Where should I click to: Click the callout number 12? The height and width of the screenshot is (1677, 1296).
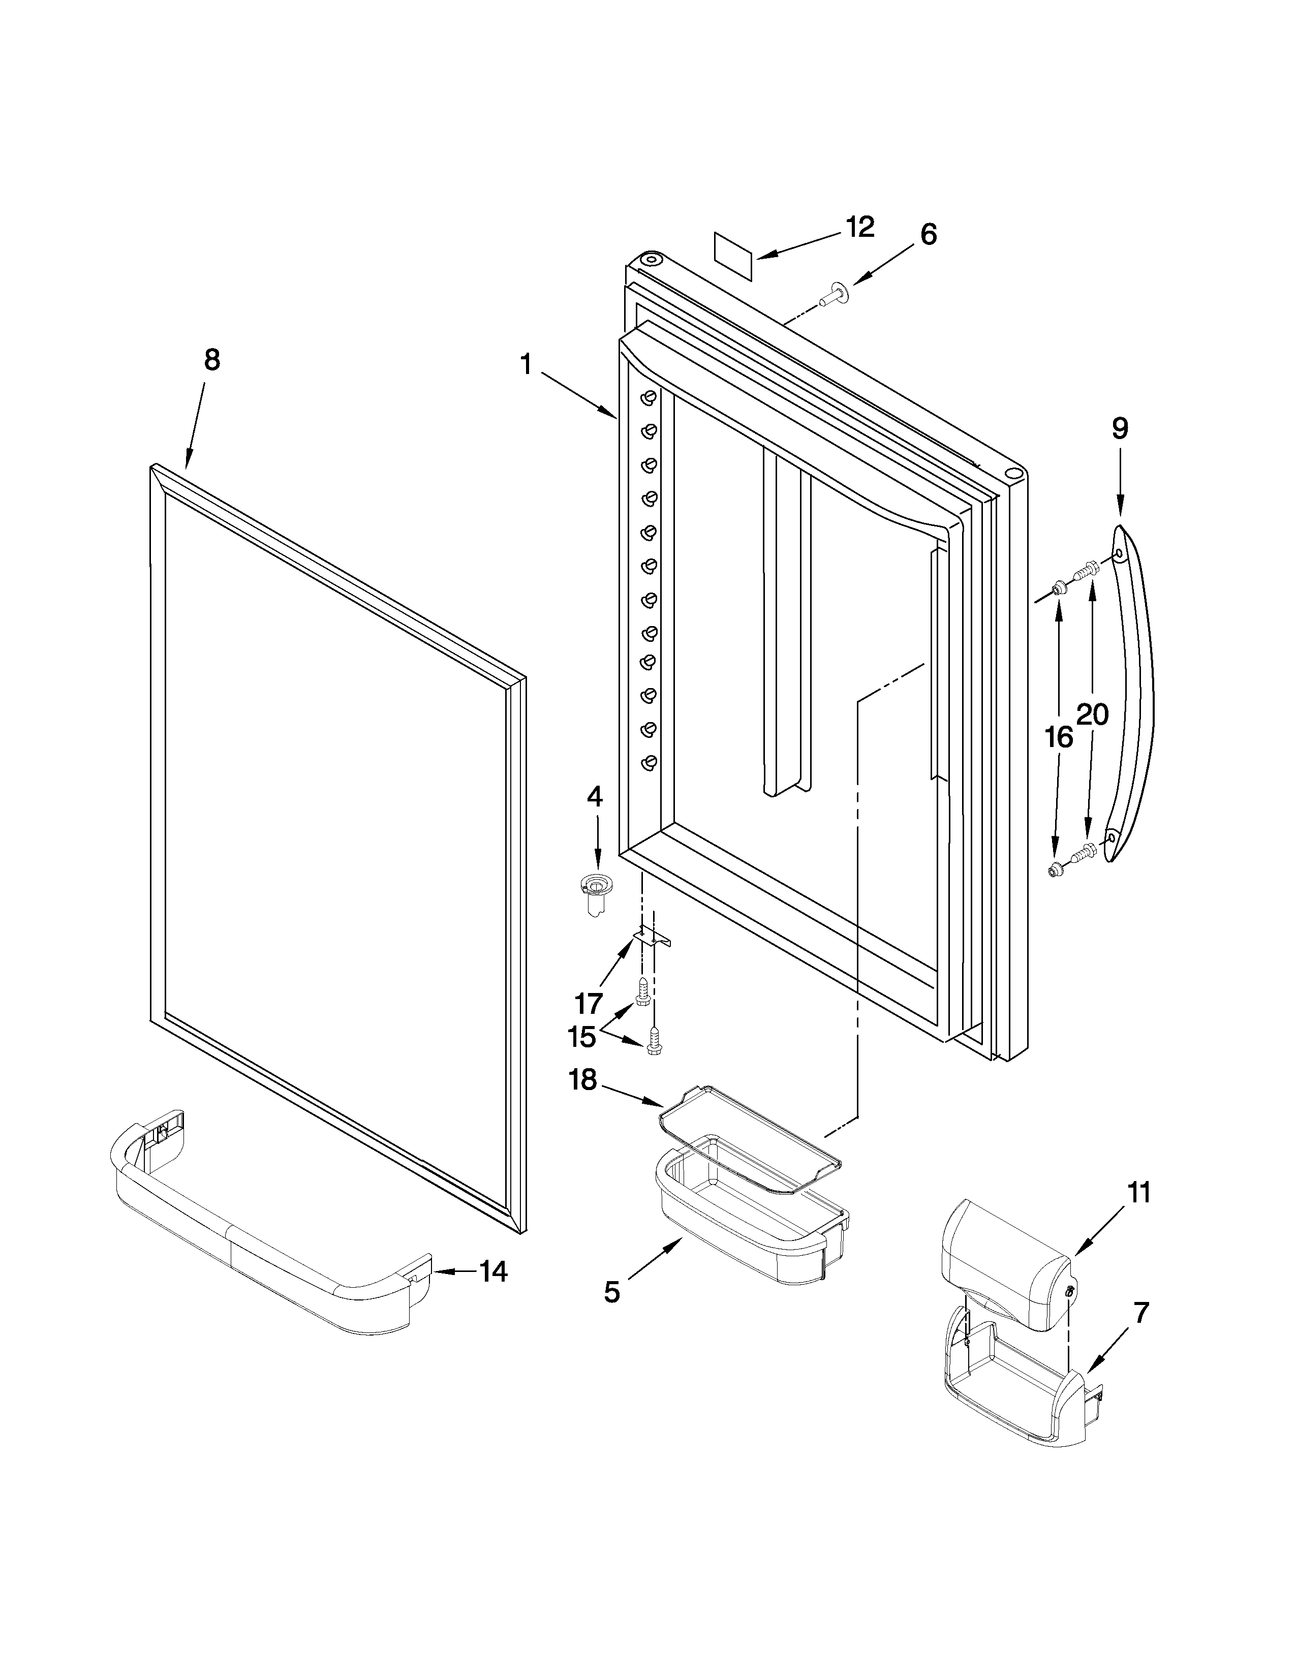[x=860, y=227]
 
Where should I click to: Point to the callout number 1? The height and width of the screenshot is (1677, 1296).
[x=526, y=364]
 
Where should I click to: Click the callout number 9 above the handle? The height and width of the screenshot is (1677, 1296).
[x=1120, y=428]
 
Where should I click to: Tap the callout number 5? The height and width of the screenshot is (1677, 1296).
[x=611, y=1292]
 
